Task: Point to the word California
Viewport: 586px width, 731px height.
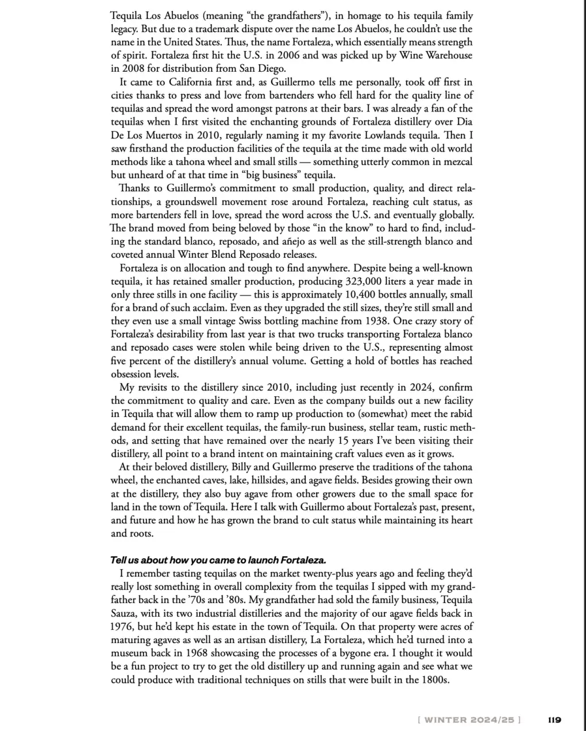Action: coord(196,82)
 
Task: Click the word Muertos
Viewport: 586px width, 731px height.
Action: coord(171,136)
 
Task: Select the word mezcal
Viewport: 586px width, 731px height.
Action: coord(458,162)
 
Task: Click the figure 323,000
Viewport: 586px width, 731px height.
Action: coord(366,281)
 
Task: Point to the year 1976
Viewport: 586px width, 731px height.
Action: coord(123,626)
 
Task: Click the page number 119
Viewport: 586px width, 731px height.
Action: coord(554,719)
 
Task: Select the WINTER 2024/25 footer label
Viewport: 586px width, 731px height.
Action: coord(469,719)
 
